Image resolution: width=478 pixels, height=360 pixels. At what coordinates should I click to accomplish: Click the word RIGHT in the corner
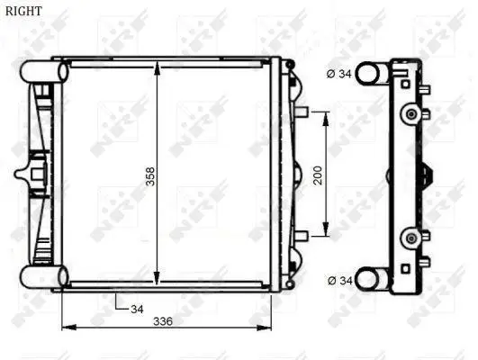pos(23,12)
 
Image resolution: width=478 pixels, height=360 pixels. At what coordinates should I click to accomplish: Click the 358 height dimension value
pos(150,176)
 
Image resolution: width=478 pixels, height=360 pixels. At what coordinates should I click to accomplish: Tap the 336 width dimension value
pos(163,321)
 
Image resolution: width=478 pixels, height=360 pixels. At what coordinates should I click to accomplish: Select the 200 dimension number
pos(318,175)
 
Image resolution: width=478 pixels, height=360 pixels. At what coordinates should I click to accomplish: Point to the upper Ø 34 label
pos(339,74)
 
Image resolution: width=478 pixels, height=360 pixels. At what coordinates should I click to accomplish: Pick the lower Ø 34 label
pos(340,281)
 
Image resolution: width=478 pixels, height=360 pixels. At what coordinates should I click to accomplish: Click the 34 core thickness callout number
pos(137,309)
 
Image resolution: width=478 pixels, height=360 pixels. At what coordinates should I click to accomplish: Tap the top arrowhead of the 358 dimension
pos(157,67)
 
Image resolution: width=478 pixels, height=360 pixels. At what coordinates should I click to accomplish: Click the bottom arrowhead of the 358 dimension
pos(157,278)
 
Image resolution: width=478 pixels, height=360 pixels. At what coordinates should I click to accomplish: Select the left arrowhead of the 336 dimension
pos(69,328)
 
